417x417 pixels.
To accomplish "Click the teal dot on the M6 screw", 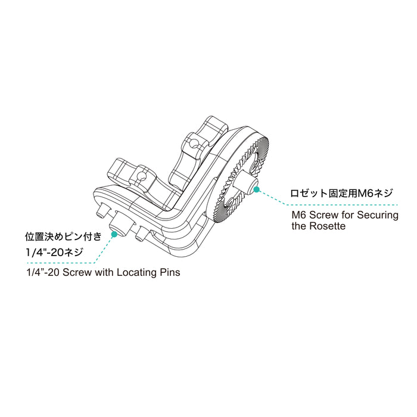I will click(x=257, y=190).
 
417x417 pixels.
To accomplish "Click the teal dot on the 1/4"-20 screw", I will click(x=114, y=234).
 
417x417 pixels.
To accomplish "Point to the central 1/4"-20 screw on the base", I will click(x=120, y=225).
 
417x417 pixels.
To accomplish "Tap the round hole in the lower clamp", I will click(x=142, y=175).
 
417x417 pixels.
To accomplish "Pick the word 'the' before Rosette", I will click(x=299, y=227).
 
